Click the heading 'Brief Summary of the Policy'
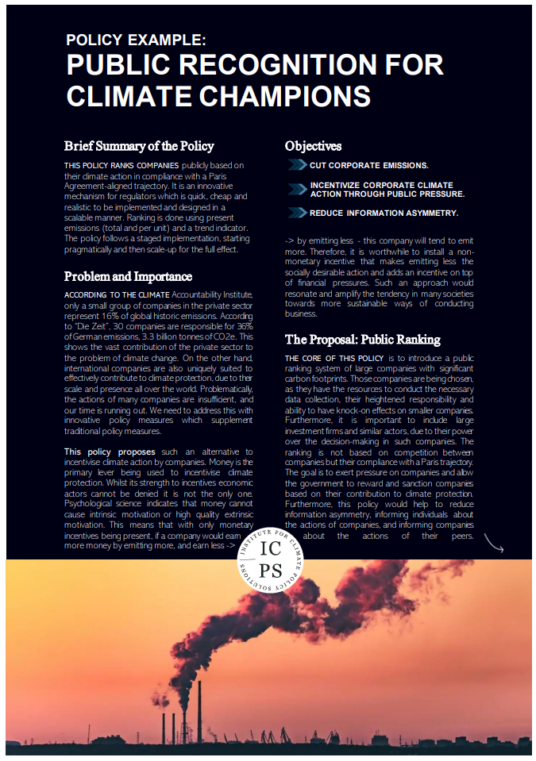[140, 146]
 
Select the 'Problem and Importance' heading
[128, 277]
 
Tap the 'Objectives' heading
[314, 146]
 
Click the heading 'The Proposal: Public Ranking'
[362, 340]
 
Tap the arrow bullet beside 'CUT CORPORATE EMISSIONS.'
[297, 165]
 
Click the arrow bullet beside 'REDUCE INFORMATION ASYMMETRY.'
[297, 213]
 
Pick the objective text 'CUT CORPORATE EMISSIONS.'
[369, 166]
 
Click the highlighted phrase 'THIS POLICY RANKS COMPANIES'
[111, 164]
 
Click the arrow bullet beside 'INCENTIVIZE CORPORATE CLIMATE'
[297, 189]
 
